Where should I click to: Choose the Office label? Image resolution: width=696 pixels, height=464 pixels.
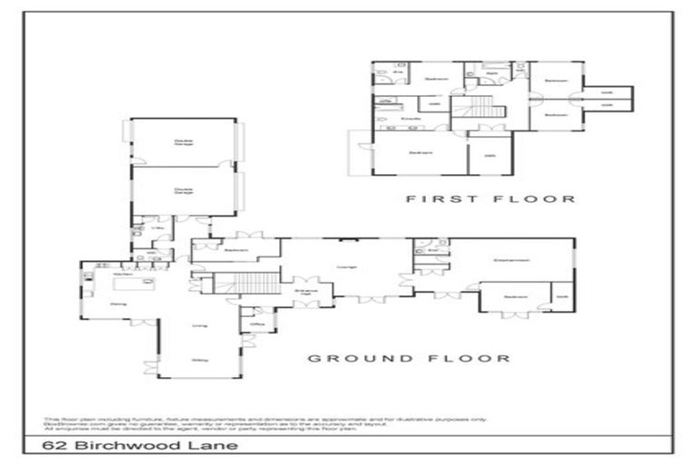257,324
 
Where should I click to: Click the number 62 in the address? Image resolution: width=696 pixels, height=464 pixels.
56,446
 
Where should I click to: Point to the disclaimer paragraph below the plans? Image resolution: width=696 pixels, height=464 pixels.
217,423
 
